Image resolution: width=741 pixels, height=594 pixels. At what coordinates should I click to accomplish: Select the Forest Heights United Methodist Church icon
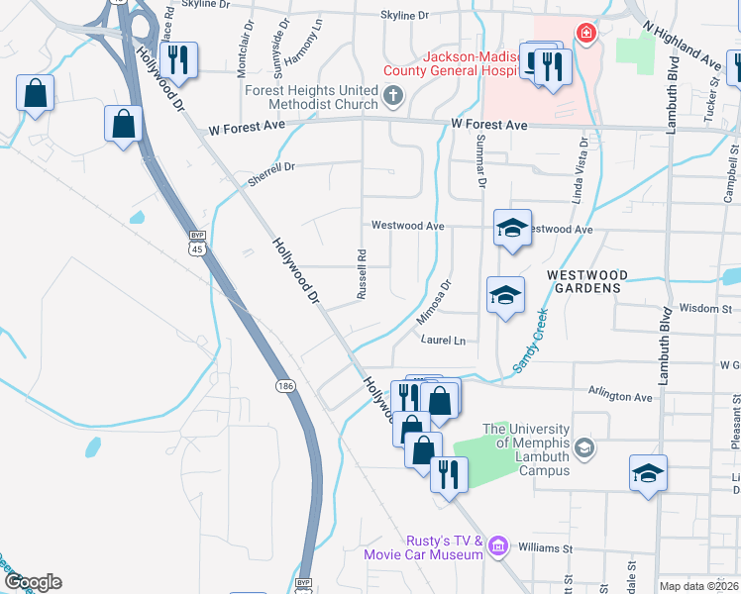[x=393, y=96]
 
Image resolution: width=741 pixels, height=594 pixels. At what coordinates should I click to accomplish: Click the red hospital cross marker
[x=586, y=34]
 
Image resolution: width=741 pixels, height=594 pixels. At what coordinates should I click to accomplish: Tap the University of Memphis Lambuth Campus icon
[x=583, y=448]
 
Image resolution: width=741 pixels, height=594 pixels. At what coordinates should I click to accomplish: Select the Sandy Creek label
[x=530, y=340]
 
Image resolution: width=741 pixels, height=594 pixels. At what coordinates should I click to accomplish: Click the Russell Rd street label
[x=362, y=274]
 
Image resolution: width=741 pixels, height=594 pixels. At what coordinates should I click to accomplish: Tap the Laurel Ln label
[x=443, y=340]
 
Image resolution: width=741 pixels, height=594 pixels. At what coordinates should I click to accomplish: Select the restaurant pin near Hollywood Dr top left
[x=177, y=59]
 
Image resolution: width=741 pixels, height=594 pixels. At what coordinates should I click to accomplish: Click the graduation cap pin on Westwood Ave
[x=512, y=229]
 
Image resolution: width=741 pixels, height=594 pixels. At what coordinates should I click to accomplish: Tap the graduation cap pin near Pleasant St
[x=648, y=473]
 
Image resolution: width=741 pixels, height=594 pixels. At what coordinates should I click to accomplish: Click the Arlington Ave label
[x=621, y=396]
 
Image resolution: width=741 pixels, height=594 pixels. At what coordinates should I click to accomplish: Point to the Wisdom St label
[x=705, y=309]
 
